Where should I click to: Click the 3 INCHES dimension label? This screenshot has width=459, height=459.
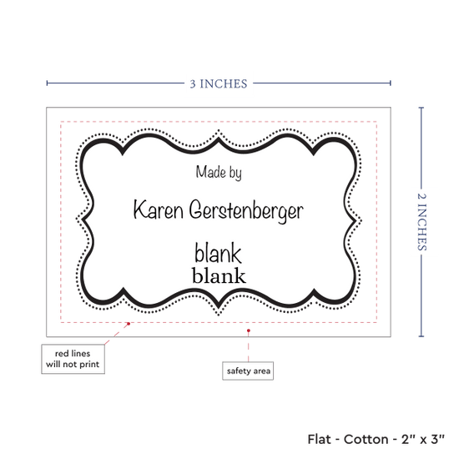219,83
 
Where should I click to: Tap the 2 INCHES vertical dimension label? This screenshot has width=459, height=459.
421,222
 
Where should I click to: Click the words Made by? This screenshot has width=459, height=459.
219,172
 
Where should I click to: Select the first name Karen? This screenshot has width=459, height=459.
159,209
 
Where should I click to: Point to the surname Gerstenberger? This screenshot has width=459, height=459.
246,211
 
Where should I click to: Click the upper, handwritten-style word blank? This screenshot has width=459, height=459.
218,253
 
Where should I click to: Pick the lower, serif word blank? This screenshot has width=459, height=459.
219,275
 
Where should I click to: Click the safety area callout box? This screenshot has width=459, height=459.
248,371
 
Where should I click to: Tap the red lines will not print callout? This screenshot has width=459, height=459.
73,359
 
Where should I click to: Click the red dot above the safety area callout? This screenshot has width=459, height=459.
248,330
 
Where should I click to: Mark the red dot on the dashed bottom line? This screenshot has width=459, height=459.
129,324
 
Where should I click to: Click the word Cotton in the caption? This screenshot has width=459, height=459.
366,439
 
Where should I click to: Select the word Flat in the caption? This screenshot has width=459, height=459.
319,439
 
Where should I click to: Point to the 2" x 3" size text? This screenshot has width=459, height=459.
423,439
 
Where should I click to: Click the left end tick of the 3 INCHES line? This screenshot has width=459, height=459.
47,83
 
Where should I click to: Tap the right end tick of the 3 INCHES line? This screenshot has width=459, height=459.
391,83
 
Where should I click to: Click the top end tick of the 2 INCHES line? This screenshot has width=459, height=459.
421,108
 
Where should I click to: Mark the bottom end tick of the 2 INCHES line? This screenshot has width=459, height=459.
421,336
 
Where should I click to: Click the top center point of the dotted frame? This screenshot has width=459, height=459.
219,130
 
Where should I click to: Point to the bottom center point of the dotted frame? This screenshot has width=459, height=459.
219,315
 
